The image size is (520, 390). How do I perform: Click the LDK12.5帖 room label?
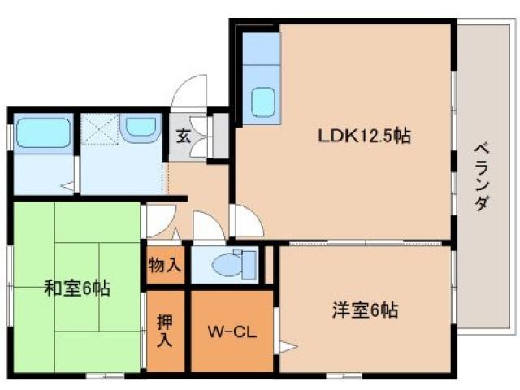point(363,136)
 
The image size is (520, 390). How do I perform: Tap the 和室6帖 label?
point(78,287)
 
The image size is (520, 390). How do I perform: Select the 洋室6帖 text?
point(364,310)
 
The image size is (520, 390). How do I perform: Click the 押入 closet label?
point(166,331)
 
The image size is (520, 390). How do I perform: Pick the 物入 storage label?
point(167,266)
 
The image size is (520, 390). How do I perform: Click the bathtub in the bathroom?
point(42,133)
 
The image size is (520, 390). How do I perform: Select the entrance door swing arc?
point(190,91)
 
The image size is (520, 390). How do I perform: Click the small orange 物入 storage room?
point(167,266)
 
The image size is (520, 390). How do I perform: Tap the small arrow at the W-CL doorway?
point(285,348)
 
